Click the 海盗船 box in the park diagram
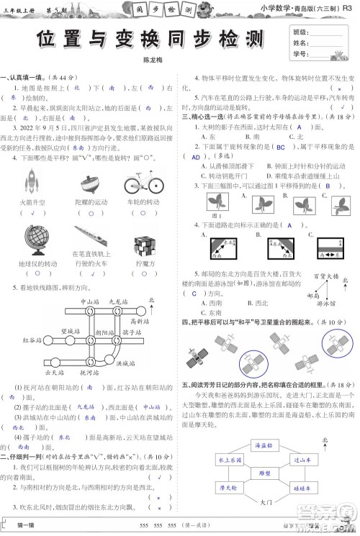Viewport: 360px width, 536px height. point(268,446)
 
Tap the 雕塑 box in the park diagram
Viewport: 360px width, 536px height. point(268,475)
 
